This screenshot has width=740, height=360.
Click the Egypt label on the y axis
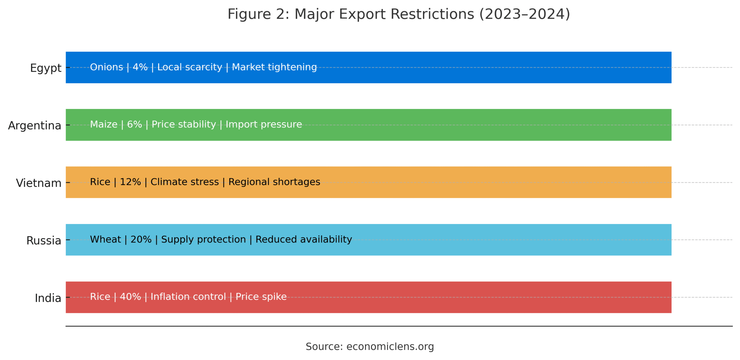46,68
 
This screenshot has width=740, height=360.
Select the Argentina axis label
34,125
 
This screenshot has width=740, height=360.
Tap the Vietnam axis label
38,183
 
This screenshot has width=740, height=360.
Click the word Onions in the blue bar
106,67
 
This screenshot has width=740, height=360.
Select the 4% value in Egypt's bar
140,67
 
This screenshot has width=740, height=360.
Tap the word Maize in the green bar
103,124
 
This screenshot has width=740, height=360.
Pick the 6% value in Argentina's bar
134,124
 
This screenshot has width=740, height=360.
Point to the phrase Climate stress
184,181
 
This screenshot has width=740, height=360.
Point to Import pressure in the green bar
263,124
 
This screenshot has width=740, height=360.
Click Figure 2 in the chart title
258,14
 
